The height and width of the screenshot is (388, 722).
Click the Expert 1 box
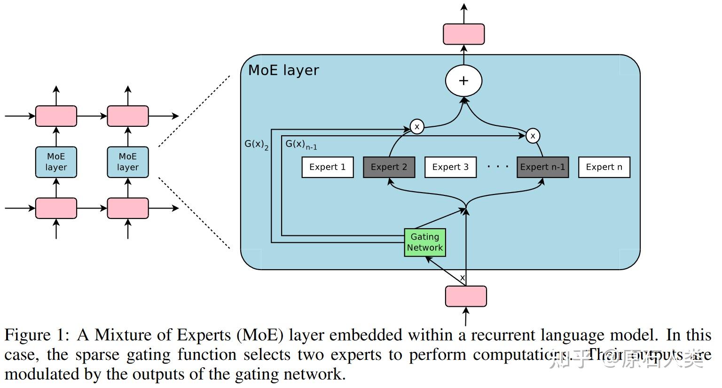[327, 167]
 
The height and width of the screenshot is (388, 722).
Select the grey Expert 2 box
[389, 167]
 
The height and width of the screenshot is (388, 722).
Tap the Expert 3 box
[450, 167]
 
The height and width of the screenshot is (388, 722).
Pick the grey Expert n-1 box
[542, 167]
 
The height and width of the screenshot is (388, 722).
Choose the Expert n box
[604, 167]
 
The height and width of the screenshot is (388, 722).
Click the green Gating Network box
[425, 242]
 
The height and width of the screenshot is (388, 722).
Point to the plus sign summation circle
[463, 81]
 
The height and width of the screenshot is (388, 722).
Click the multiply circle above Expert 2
[417, 126]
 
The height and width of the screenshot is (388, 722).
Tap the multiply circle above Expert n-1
[533, 136]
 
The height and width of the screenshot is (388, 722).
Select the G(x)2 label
[256, 145]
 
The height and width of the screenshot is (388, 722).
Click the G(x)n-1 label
[301, 145]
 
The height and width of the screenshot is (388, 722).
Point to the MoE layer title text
[283, 70]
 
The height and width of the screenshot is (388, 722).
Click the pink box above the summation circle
[463, 34]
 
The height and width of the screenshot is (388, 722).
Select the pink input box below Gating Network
[466, 296]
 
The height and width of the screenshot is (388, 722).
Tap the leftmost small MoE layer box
[56, 162]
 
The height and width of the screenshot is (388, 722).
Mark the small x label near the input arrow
[463, 278]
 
